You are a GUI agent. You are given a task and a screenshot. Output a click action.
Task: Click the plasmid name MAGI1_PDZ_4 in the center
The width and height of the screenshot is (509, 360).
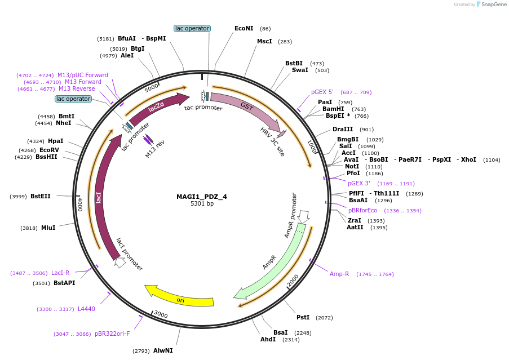pyautogui.click(x=201, y=197)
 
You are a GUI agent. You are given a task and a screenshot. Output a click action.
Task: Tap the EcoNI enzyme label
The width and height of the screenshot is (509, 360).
pyautogui.click(x=244, y=28)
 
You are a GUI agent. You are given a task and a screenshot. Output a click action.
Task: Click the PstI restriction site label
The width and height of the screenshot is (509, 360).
pyautogui.click(x=303, y=318)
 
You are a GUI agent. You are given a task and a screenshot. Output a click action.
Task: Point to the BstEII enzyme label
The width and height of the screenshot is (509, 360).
pyautogui.click(x=41, y=196)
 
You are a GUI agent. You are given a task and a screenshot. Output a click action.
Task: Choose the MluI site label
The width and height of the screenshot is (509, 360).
pyautogui.click(x=48, y=228)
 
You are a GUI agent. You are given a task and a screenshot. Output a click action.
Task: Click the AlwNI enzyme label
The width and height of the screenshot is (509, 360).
pyautogui.click(x=163, y=350)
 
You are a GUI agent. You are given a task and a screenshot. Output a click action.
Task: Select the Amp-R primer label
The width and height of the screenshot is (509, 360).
pyautogui.click(x=339, y=274)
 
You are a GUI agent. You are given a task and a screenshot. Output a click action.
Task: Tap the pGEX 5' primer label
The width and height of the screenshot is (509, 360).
pyautogui.click(x=322, y=92)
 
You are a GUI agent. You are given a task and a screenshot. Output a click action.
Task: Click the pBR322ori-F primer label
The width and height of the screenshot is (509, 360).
pyautogui.click(x=112, y=334)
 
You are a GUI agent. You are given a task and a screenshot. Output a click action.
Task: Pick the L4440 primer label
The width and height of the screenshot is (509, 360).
pyautogui.click(x=86, y=309)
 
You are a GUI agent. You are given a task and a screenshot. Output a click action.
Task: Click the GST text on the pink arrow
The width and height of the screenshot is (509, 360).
pyautogui.click(x=247, y=106)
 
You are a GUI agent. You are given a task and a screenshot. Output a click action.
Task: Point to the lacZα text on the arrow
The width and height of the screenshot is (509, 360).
pyautogui.click(x=156, y=107)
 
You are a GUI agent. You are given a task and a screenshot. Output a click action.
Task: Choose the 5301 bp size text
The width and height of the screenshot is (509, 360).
pyautogui.click(x=201, y=204)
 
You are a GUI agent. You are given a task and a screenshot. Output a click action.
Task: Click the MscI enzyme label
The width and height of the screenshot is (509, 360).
pyautogui.click(x=264, y=41)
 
